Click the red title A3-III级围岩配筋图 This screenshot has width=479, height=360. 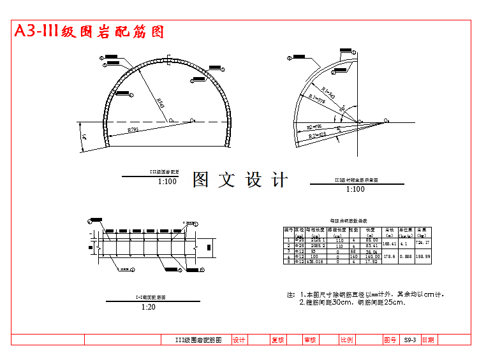point(90,31)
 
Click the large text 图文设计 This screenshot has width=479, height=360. point(240,180)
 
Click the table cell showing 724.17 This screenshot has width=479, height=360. point(422,243)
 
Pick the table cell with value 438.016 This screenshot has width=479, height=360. point(316,261)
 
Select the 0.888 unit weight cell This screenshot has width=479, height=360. point(405,256)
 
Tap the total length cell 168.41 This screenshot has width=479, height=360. point(389,243)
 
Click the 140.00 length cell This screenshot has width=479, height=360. point(372,256)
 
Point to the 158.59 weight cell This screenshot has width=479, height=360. point(422,256)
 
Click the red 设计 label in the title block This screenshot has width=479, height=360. point(239,340)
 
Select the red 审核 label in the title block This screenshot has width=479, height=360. point(310,340)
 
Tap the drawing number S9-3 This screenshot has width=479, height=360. point(409,340)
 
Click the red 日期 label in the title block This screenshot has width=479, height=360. point(428,340)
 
